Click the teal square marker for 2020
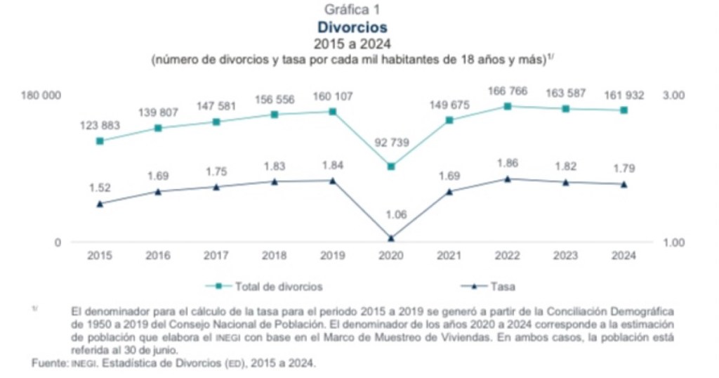point(391,167)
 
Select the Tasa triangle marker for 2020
point(391,238)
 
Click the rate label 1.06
point(391,215)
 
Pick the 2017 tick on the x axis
point(216,256)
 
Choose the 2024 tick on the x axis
point(624,256)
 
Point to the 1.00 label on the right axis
point(673,242)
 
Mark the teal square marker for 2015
point(100,141)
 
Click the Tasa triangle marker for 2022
point(508,178)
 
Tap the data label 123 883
point(100,125)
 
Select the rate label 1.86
point(508,163)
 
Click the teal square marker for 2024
point(624,110)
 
